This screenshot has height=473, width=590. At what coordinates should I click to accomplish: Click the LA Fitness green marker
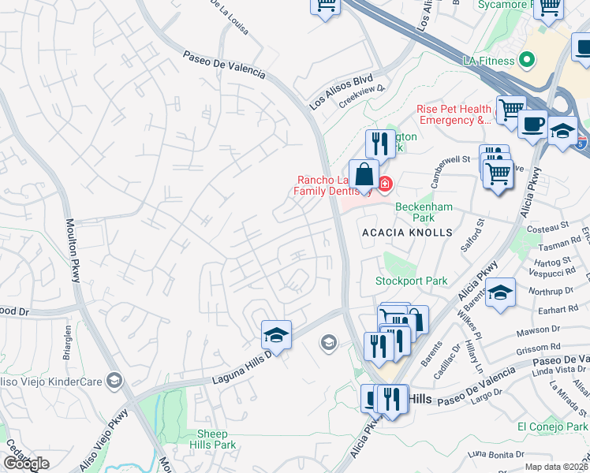pyautogui.click(x=528, y=60)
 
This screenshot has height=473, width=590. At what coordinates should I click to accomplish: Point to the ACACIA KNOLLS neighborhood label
pyautogui.click(x=407, y=233)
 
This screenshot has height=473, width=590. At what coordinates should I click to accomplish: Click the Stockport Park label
pyautogui.click(x=410, y=281)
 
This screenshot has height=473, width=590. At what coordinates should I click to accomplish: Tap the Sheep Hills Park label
pyautogui.click(x=213, y=439)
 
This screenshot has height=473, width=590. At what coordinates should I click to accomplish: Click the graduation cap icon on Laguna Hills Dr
pyautogui.click(x=277, y=335)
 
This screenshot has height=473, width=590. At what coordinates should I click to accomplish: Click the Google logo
pyautogui.click(x=26, y=464)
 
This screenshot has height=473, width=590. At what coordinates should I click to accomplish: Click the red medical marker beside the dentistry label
pyautogui.click(x=385, y=184)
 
